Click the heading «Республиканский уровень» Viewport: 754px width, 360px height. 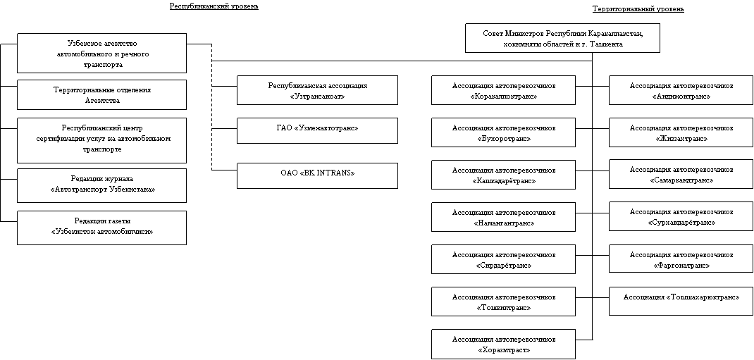click(x=214, y=6)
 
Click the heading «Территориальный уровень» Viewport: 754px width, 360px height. click(x=638, y=9)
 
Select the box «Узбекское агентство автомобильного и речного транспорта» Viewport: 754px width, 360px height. click(x=102, y=54)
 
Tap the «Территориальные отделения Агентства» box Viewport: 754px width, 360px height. click(x=102, y=94)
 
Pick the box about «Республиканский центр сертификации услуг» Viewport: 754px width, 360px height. click(x=102, y=140)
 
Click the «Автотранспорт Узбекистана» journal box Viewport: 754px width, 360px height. click(x=102, y=185)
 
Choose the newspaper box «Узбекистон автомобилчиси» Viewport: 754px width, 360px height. click(x=102, y=228)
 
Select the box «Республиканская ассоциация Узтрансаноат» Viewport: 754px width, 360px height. click(x=317, y=90)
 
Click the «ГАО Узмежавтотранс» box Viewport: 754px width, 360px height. click(x=317, y=130)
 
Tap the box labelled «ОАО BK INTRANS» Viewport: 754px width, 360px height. click(x=317, y=175)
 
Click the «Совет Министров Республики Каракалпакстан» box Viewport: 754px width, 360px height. click(x=562, y=38)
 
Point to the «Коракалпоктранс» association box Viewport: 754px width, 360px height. click(x=503, y=90)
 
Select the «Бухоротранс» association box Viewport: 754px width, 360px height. click(x=503, y=132)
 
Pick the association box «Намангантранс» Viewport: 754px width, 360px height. click(x=503, y=217)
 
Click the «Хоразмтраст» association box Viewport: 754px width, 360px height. click(x=503, y=344)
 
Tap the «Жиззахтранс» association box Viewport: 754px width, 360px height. click(x=681, y=132)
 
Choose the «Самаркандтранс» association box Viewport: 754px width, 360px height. click(x=681, y=174)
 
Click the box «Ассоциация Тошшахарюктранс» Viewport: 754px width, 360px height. click(x=681, y=301)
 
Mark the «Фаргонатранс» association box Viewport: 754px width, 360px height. click(x=681, y=259)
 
